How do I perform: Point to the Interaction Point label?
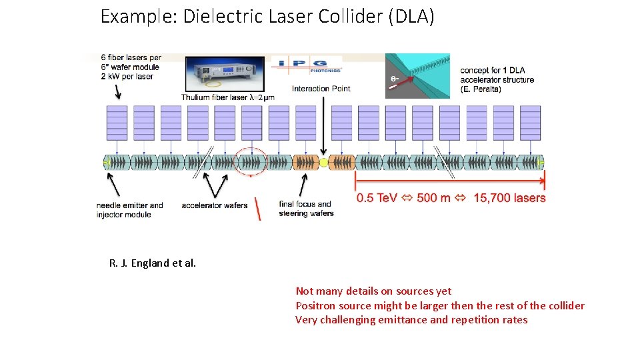point(321,89)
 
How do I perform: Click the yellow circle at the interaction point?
point(325,162)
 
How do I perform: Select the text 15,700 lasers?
point(509,198)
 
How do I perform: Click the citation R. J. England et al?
point(153,263)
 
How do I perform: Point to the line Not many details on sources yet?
point(373,291)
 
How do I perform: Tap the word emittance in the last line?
point(404,320)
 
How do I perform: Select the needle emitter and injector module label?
point(129,209)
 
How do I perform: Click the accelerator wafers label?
point(214,205)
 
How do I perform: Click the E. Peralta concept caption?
point(497,80)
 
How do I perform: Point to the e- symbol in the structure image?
point(395,78)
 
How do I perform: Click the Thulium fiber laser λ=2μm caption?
point(228,98)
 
